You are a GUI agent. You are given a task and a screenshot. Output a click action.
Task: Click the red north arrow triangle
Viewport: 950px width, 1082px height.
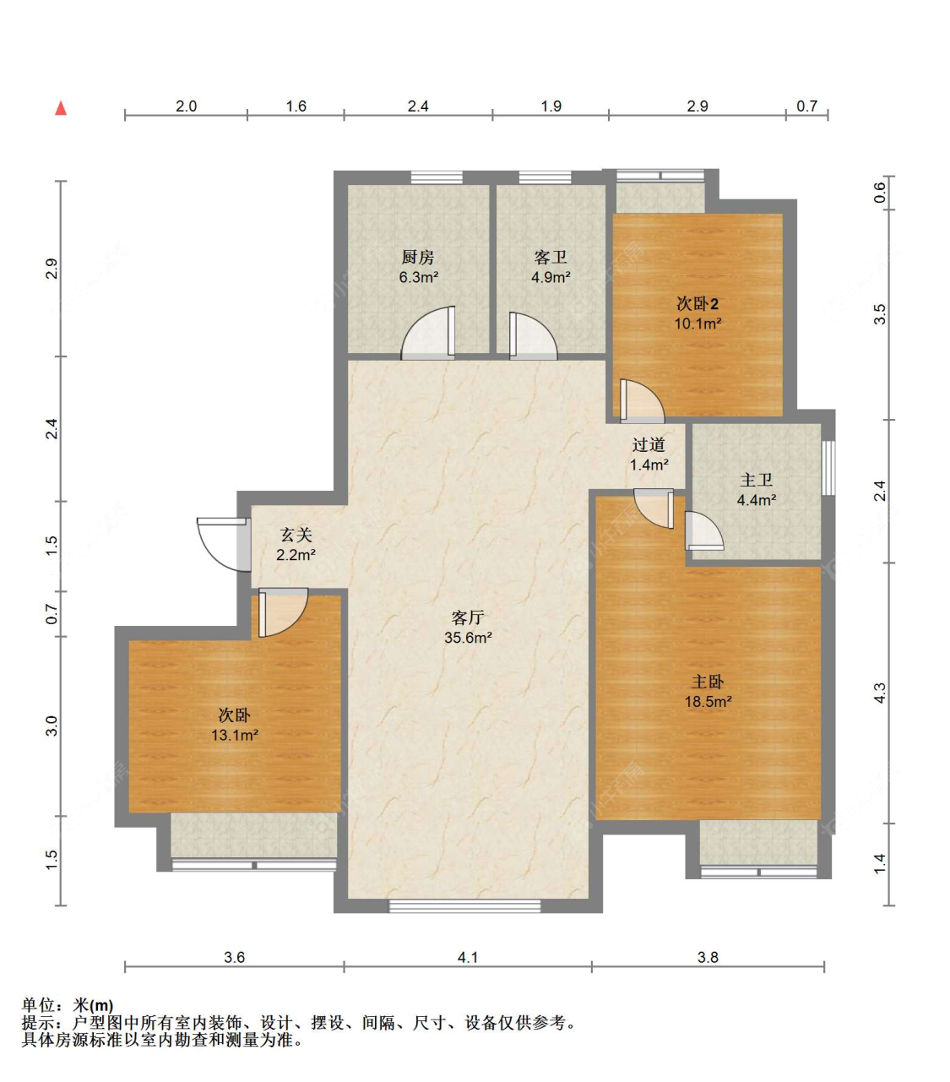61,108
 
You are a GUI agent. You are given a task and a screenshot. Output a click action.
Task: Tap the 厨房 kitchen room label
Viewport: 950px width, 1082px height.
418,258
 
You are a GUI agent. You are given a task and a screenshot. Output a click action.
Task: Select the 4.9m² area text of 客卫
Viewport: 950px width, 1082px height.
551,277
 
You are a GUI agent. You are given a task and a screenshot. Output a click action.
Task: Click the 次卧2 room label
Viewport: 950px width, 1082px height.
698,304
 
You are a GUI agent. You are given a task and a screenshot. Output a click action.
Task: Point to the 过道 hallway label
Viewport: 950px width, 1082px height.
649,445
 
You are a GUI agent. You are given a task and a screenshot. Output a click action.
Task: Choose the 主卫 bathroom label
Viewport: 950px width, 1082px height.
756,480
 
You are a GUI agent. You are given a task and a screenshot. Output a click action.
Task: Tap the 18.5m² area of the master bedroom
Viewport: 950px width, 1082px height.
708,702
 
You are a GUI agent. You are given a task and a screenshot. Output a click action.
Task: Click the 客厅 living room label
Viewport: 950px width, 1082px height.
468,618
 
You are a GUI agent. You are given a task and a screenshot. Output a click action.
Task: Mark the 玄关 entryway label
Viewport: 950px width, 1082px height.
296,535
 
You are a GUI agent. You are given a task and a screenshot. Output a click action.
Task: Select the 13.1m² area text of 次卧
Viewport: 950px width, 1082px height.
235,736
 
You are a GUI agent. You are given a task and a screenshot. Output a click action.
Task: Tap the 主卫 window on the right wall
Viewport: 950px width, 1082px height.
828,468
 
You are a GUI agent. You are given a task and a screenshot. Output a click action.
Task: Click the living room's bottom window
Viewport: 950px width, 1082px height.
464,905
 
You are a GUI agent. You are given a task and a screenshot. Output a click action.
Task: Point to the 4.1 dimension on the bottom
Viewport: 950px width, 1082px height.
467,958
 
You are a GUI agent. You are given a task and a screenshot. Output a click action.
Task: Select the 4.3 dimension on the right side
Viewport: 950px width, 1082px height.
880,693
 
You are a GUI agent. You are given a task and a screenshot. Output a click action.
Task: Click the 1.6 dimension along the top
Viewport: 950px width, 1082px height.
296,106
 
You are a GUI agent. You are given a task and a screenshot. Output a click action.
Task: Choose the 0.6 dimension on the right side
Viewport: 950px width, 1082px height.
880,193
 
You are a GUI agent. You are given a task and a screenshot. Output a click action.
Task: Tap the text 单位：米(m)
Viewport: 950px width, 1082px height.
68,1006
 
